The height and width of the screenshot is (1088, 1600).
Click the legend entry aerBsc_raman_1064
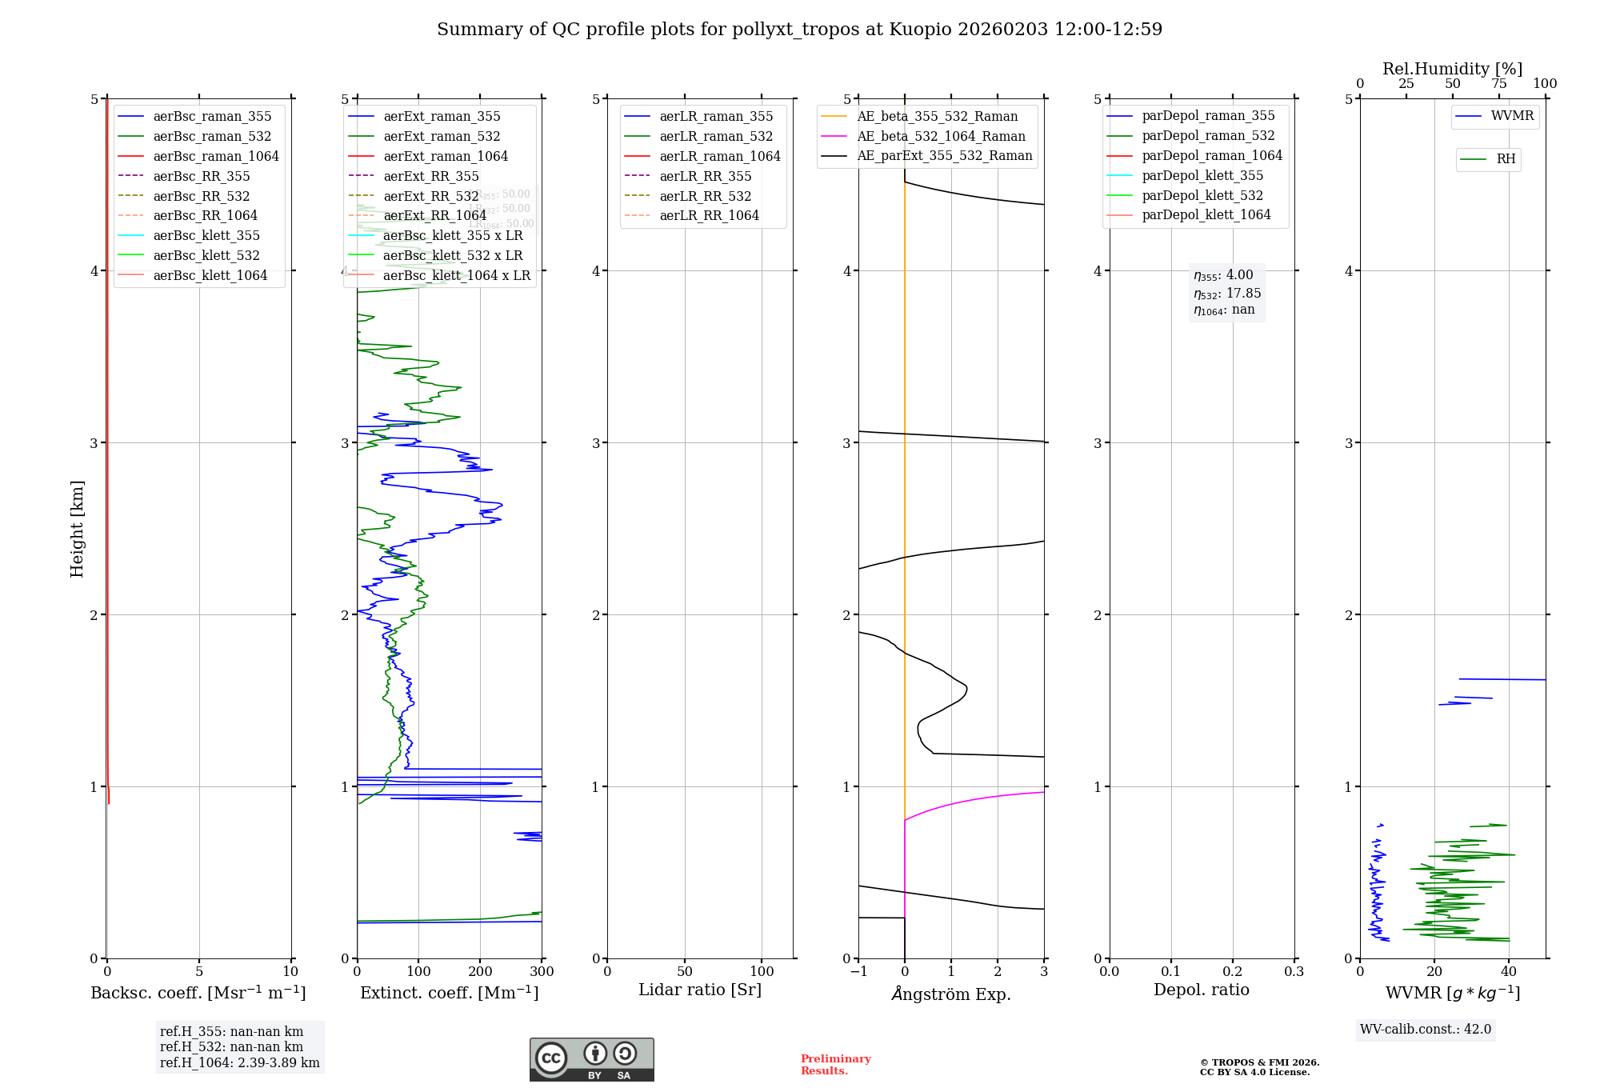point(216,156)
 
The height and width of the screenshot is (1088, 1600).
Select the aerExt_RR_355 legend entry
point(431,176)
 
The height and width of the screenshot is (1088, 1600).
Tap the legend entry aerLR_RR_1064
point(709,215)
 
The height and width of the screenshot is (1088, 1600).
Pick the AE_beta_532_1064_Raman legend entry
point(941,136)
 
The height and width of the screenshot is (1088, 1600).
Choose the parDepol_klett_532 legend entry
point(1202,195)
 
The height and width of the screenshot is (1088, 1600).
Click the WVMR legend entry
point(1512,116)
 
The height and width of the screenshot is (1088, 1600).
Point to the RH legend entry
point(1506,159)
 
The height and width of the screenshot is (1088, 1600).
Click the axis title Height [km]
point(77,529)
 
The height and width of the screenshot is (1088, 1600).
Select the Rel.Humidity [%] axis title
point(1452,69)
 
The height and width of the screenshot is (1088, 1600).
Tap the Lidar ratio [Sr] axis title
point(700,990)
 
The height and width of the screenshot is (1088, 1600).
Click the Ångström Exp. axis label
point(951,994)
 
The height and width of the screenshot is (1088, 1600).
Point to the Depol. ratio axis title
point(1201,990)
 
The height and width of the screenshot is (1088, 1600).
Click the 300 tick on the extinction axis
point(542,971)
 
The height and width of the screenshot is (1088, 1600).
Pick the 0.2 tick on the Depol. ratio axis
point(1233,971)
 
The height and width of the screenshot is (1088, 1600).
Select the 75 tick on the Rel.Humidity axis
point(1499,84)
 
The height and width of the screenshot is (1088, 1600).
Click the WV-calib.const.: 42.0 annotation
point(1426,1029)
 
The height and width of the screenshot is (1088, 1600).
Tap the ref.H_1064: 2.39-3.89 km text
point(239,1062)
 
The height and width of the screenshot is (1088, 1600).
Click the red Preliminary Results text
point(835,1064)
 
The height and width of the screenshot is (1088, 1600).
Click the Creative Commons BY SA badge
point(591,1059)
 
